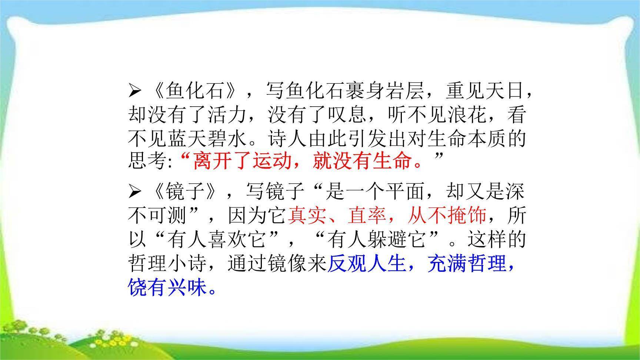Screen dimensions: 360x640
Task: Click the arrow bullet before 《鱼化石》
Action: (x=134, y=91)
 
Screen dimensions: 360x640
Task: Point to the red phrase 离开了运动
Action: (x=243, y=161)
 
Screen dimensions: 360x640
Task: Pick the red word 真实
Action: (x=307, y=215)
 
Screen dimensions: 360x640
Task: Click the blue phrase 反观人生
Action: (x=367, y=264)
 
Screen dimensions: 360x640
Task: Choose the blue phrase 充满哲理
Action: (x=467, y=264)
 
